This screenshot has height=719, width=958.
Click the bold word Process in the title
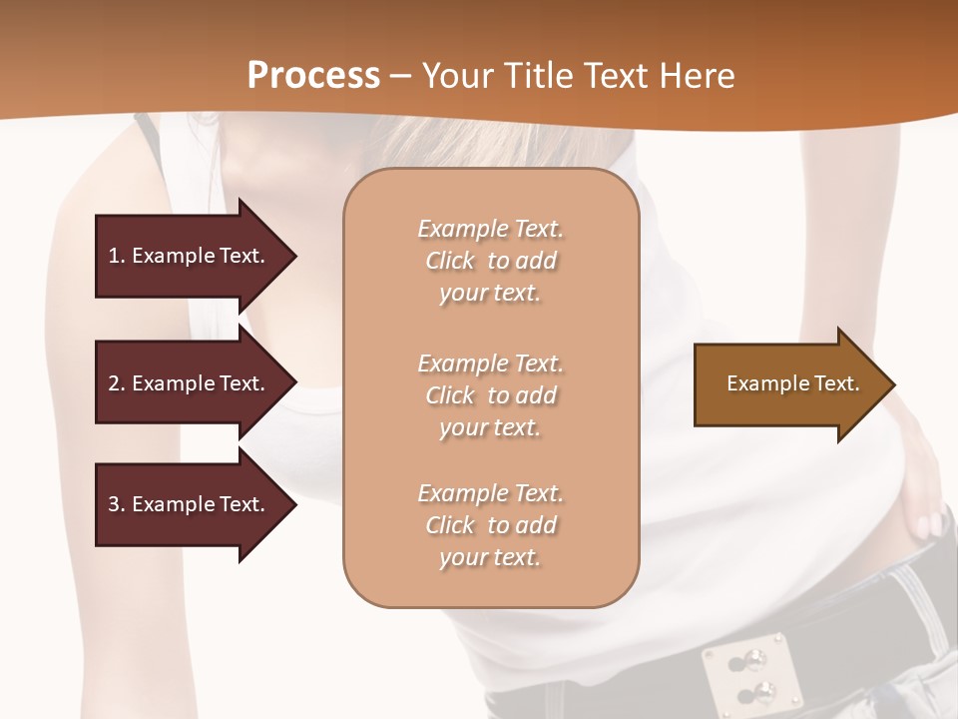point(313,76)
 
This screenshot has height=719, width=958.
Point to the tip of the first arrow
point(294,256)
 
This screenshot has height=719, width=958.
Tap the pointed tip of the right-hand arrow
point(893,383)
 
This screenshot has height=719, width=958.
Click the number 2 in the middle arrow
point(114,383)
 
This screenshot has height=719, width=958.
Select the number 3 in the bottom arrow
point(114,504)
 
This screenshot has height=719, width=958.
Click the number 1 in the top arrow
point(114,256)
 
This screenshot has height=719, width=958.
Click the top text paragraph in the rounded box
point(490,261)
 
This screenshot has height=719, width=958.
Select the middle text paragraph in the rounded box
point(490,395)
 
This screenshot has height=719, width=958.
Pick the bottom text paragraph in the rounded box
point(490,525)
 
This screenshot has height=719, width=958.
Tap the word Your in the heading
point(457,76)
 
